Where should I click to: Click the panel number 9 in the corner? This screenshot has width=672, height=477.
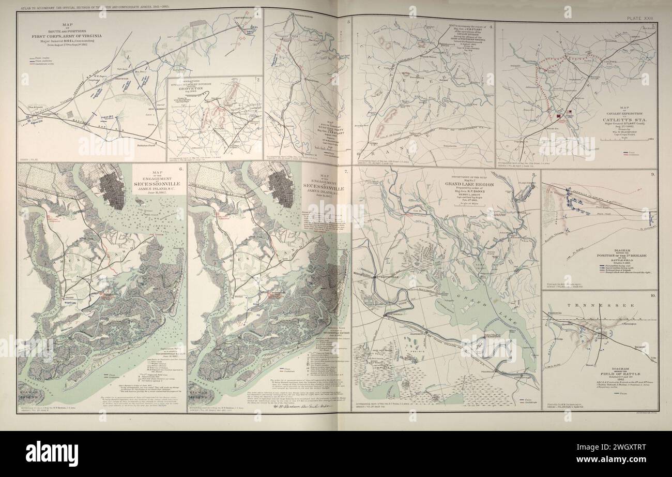tap(653, 174)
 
